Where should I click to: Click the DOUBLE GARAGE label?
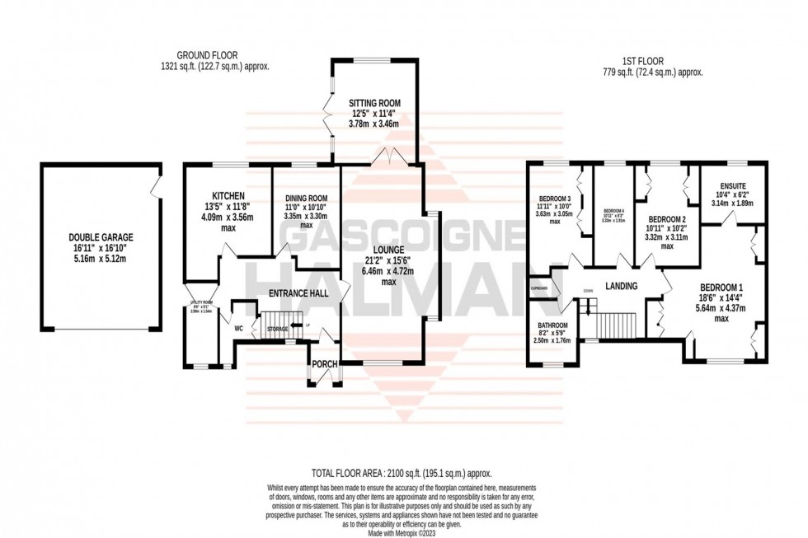coord(101,237)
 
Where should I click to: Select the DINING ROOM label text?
coord(307,199)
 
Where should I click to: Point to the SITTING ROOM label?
coord(373,102)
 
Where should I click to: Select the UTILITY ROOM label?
coord(201,302)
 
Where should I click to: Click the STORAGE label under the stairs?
coord(277,329)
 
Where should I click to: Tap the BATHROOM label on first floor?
coord(552,325)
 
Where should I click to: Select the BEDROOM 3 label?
coord(554,199)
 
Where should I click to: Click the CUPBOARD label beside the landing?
coord(540,288)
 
